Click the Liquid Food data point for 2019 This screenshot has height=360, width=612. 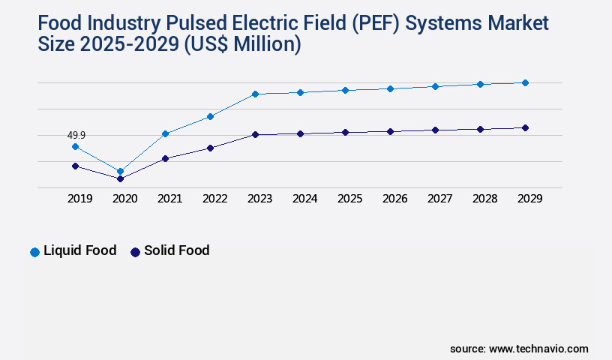point(75,146)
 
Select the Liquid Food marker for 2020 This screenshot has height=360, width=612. point(120,171)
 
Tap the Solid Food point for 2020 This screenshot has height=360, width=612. point(120,178)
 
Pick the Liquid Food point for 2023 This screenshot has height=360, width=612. point(255,94)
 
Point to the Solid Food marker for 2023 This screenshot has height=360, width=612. point(255,134)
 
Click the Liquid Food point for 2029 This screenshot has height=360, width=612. point(525,82)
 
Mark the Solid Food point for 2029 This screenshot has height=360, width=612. point(525,127)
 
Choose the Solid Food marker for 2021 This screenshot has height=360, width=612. point(165,158)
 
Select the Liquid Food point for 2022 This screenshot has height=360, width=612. point(210,116)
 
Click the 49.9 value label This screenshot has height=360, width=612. point(76,135)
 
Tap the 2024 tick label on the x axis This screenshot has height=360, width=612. point(304,199)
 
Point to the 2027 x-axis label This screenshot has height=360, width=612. point(439,199)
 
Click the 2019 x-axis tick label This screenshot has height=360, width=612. point(79,199)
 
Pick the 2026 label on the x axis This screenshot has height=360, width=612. point(394,199)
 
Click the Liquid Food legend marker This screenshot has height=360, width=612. point(34,252)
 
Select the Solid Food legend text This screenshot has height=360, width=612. point(176,250)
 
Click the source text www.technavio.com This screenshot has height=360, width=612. point(538,349)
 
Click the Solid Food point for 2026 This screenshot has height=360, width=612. point(390,131)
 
